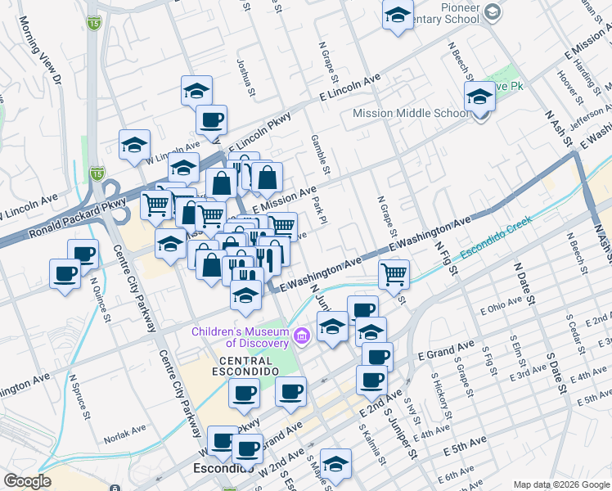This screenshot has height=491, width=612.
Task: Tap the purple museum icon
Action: (x=302, y=336)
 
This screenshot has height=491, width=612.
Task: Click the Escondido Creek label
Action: (x=496, y=237)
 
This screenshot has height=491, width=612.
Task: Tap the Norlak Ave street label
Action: (x=125, y=427)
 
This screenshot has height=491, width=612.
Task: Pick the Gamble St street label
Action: (x=319, y=154)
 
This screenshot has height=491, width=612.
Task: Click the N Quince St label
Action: (x=100, y=301)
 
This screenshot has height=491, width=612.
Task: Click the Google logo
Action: (x=28, y=481)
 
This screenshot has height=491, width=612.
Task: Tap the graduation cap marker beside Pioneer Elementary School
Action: (x=398, y=16)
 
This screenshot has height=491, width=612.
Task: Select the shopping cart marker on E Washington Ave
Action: (x=394, y=274)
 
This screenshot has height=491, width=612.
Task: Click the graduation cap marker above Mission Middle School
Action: (x=479, y=97)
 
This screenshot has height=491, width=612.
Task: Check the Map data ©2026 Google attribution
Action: (x=561, y=484)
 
